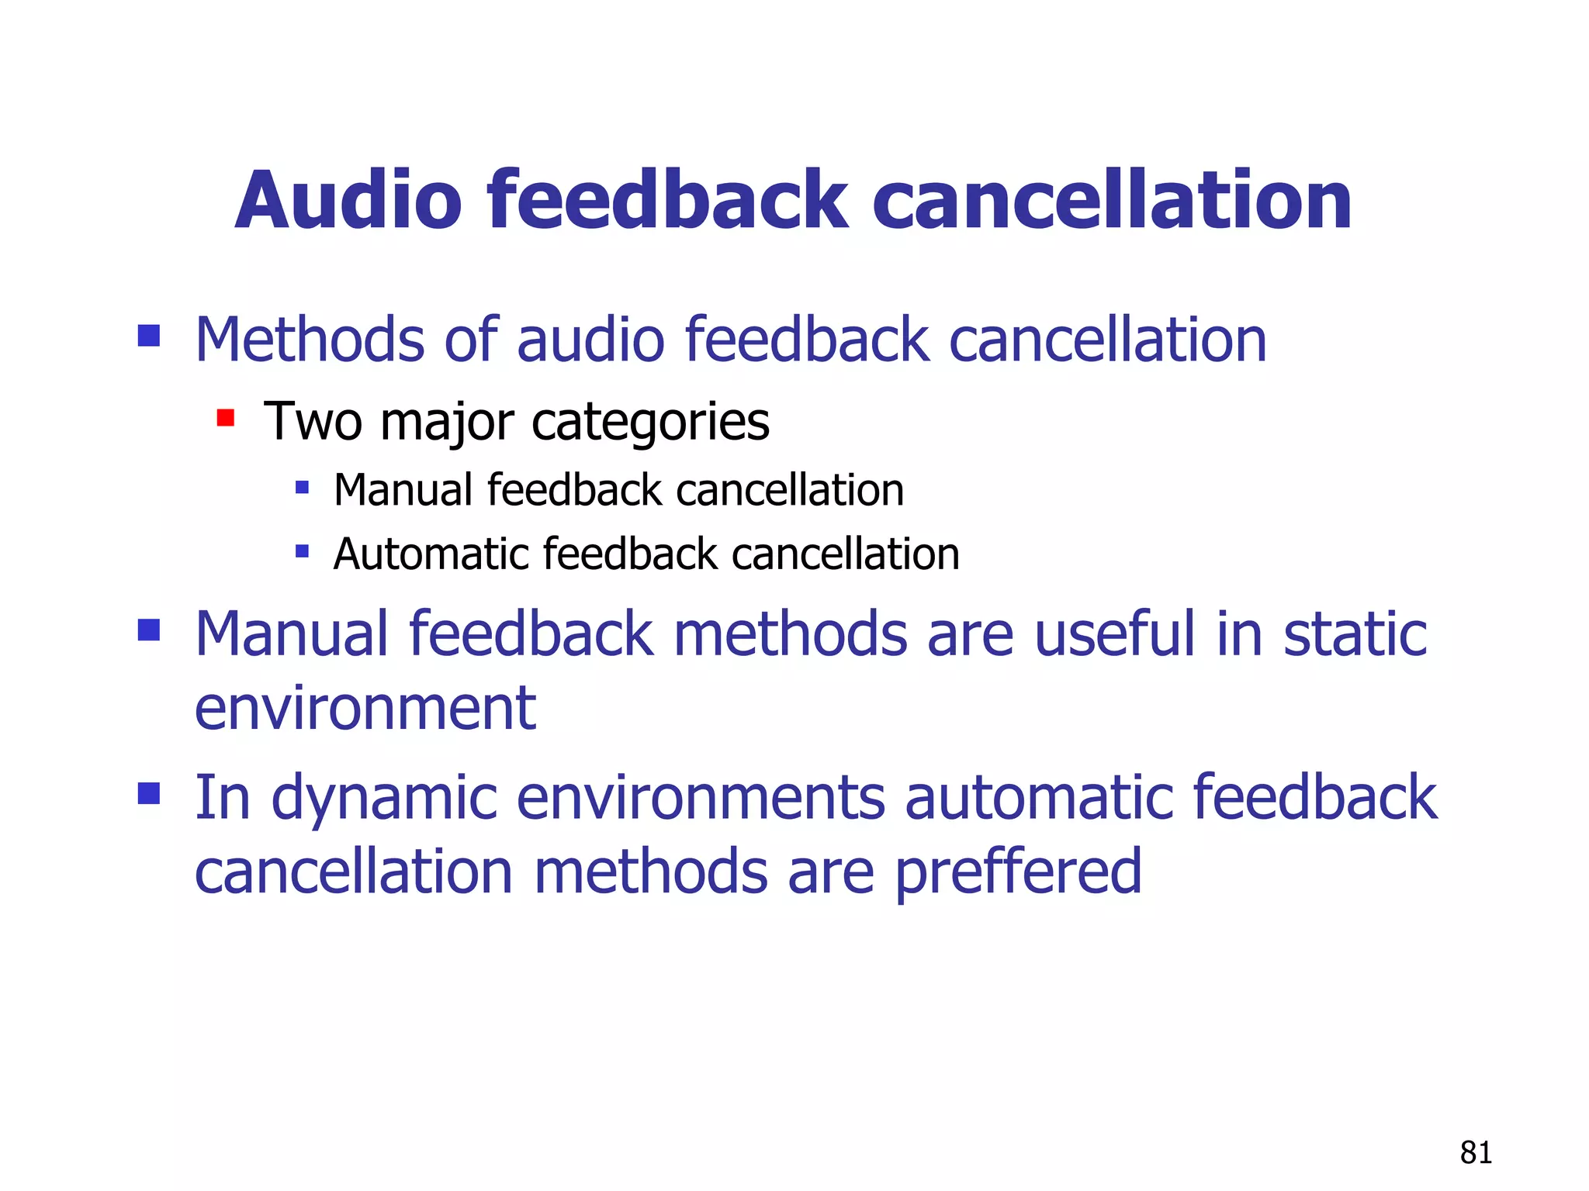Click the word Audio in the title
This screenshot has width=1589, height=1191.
coord(348,201)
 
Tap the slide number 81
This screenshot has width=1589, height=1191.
coord(1475,1153)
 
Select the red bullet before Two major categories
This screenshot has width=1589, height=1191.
coord(226,419)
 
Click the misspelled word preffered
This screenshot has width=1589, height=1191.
coord(1018,872)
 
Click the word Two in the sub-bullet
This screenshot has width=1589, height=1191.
coord(313,422)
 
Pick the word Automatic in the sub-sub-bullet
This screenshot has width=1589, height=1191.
coord(431,554)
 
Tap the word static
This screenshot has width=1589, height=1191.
coord(1355,634)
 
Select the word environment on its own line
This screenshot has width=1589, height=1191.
coord(365,709)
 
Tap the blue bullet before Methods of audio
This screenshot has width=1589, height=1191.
coord(149,336)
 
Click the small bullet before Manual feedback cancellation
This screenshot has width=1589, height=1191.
coord(303,488)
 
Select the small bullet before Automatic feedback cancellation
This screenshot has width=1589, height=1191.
coord(303,552)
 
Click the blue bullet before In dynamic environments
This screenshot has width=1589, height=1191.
coord(149,793)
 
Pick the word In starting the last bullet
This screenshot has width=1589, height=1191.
coord(222,797)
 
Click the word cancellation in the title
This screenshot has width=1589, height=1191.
coord(1112,201)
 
